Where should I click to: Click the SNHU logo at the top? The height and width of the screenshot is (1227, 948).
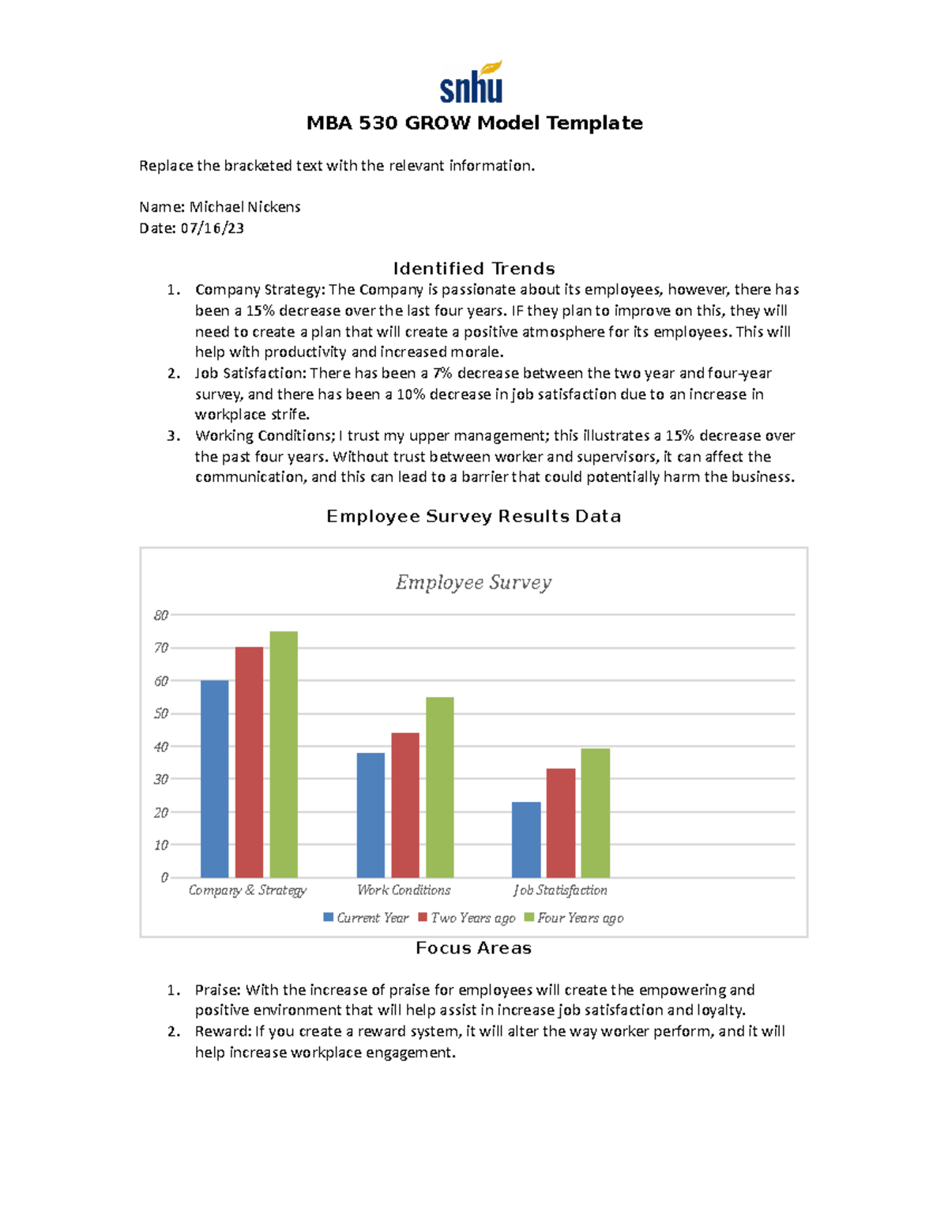[x=472, y=83]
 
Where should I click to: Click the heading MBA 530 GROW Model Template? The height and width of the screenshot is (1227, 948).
[x=474, y=123]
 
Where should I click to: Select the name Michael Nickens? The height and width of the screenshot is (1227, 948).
[x=245, y=207]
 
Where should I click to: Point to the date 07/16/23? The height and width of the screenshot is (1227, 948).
[x=212, y=228]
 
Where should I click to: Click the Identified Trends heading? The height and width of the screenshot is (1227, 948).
[x=474, y=269]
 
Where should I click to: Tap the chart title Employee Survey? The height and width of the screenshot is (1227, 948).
[x=473, y=583]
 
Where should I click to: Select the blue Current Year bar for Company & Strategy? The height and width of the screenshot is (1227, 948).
[x=214, y=778]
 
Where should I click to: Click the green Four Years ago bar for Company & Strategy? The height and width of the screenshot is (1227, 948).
[x=284, y=754]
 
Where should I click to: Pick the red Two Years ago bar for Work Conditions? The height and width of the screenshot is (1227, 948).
[x=405, y=805]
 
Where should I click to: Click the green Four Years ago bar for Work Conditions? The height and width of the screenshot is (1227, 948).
[x=440, y=787]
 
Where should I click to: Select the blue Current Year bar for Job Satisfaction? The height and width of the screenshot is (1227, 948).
[x=526, y=840]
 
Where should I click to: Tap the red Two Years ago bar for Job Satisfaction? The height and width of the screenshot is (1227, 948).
[x=561, y=822]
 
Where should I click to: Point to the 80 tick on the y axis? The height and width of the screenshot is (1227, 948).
[x=161, y=615]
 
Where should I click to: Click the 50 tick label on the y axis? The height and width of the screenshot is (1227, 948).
[x=161, y=713]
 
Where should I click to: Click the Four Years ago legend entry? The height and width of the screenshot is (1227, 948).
[x=580, y=918]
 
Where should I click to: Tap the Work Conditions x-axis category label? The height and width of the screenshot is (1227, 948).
[x=404, y=890]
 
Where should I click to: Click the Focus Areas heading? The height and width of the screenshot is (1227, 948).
[x=473, y=948]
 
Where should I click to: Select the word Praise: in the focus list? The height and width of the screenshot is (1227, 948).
[x=218, y=990]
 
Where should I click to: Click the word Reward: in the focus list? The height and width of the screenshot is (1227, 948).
[x=223, y=1032]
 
